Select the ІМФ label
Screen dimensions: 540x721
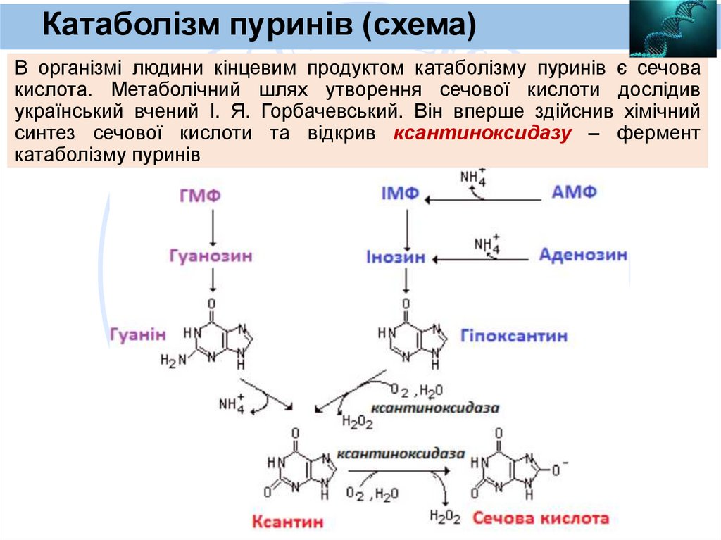(401, 193)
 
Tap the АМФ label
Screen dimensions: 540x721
(575, 191)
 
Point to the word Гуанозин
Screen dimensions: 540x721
(211, 256)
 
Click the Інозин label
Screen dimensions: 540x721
(396, 257)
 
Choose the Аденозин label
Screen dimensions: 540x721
(583, 254)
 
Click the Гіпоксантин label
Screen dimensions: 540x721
(514, 336)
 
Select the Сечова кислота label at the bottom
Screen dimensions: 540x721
(541, 519)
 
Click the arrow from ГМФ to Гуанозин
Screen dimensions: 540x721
(213, 225)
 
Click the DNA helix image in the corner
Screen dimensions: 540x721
(673, 28)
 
